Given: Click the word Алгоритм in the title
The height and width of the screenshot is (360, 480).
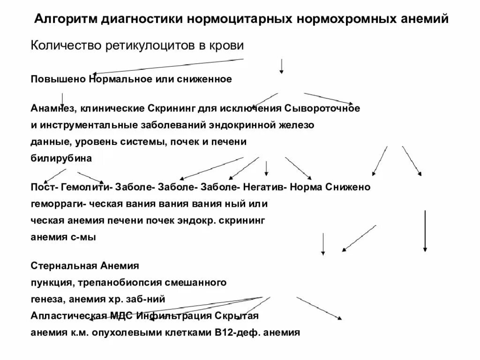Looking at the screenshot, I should pyautogui.click(x=63, y=19).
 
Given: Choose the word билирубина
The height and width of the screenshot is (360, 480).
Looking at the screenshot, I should pyautogui.click(x=61, y=158).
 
